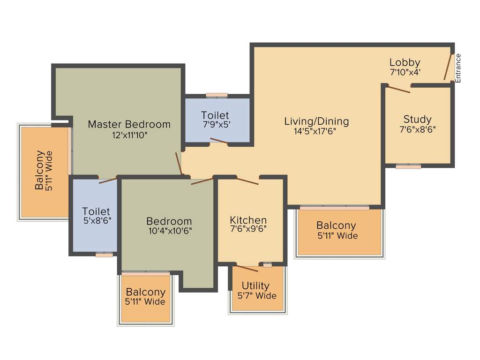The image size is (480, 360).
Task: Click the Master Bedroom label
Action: tap(129, 124)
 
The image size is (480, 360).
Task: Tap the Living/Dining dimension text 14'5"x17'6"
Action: tap(315, 132)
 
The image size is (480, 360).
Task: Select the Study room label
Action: tap(417, 119)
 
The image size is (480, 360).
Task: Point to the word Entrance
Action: tap(458, 68)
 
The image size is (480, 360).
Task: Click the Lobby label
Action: tap(405, 62)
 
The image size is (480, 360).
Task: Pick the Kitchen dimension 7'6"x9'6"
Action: tap(248, 230)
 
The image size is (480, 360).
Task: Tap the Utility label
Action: tap(255, 285)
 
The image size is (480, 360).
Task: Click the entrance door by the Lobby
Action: tap(449, 67)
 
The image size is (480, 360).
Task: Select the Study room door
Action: tap(398, 89)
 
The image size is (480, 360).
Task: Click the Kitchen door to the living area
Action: tap(247, 181)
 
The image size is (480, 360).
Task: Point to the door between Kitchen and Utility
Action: tap(246, 269)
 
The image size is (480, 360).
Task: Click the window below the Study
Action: tap(408, 166)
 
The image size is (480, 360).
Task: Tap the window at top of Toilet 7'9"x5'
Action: tap(217, 95)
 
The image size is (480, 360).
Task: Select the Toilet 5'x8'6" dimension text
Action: tap(96, 222)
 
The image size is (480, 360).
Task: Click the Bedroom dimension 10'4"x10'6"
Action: tap(169, 231)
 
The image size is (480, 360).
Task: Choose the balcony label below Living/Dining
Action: tap(336, 225)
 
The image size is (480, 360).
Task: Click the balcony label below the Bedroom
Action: tap(145, 292)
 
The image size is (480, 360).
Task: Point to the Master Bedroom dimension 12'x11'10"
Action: tap(129, 135)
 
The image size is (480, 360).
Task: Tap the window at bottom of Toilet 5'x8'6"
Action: tap(104, 255)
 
